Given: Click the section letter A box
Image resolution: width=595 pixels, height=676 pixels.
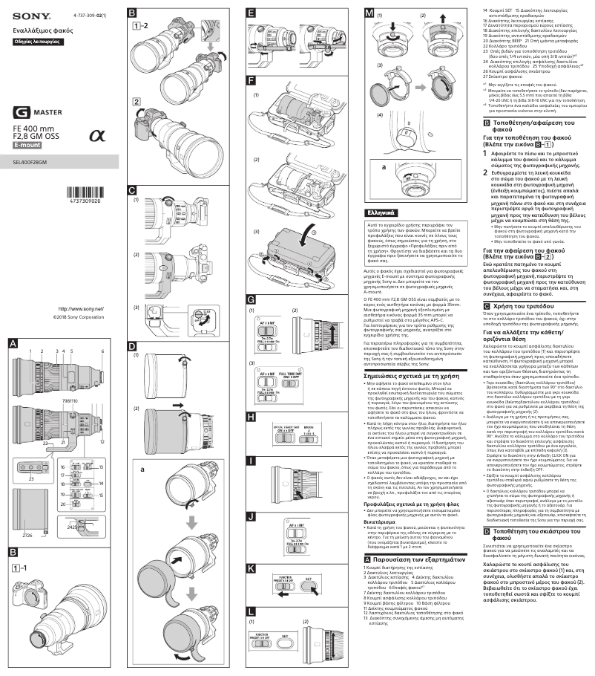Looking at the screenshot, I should [13, 342].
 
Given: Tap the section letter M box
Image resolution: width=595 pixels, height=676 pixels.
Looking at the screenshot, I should [369, 14].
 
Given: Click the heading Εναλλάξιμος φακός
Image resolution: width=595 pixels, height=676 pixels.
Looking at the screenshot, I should [42, 30].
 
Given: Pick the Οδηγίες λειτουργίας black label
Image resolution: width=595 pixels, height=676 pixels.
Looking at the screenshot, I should [36, 42].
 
